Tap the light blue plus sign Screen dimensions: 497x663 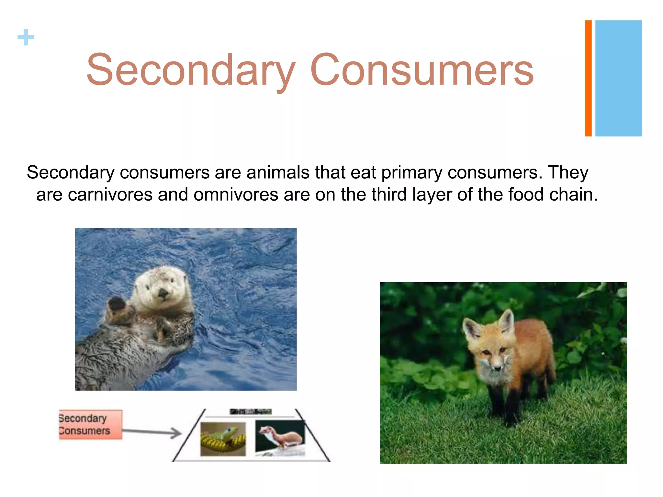click(26, 37)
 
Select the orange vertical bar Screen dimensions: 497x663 click(588, 78)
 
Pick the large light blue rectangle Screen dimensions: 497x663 click(618, 78)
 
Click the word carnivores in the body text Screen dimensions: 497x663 click(110, 195)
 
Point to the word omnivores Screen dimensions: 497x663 click(236, 195)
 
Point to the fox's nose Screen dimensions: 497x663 click(497, 367)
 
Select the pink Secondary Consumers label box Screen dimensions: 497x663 click(90, 425)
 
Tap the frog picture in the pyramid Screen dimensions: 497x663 click(223, 439)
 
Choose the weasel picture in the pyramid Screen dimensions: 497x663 click(280, 437)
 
